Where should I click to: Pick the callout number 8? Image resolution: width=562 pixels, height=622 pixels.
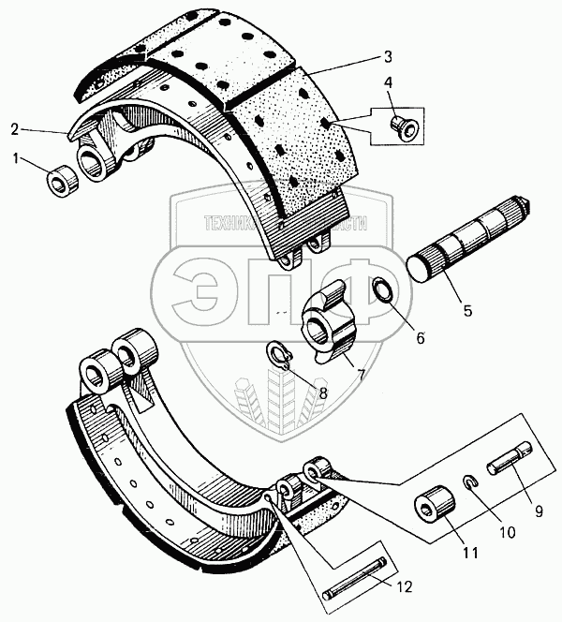[x=321, y=393]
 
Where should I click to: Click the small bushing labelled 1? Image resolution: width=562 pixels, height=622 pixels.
[x=61, y=177]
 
